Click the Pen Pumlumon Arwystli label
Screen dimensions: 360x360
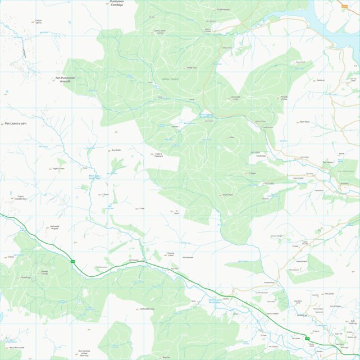pyautogui.click(x=65, y=79)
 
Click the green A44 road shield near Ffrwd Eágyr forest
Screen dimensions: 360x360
pyautogui.click(x=73, y=261)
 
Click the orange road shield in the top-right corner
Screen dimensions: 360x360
pyautogui.click(x=344, y=5)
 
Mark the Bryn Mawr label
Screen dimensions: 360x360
pyautogui.click(x=305, y=121)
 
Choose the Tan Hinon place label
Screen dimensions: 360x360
pyautogui.click(x=327, y=162)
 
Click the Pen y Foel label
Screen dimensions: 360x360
pyautogui.click(x=329, y=294)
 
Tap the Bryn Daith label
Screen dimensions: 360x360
pyautogui.click(x=116, y=150)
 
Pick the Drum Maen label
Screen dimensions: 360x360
pyautogui.click(x=227, y=195)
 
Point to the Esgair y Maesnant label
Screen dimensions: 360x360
pyautogui.click(x=158, y=154)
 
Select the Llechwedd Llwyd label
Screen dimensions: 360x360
pyautogui.click(x=147, y=309)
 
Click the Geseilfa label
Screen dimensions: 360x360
pyautogui.click(x=321, y=80)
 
